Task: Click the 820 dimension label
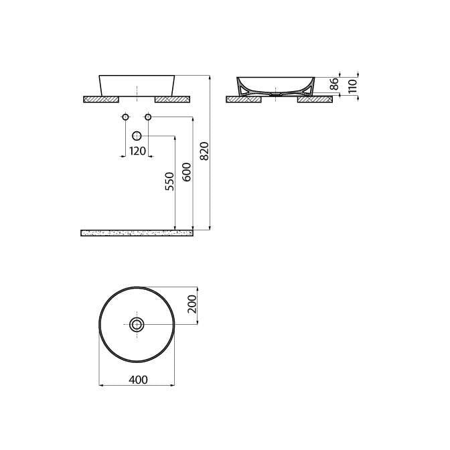(x=204, y=151)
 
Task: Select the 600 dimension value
(x=187, y=172)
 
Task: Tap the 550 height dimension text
(x=169, y=181)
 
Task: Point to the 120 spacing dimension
(x=138, y=151)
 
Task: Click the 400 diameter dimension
(x=138, y=380)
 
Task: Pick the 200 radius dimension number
(x=192, y=304)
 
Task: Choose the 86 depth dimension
(x=334, y=84)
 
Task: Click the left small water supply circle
(x=125, y=117)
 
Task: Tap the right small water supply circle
(x=148, y=117)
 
